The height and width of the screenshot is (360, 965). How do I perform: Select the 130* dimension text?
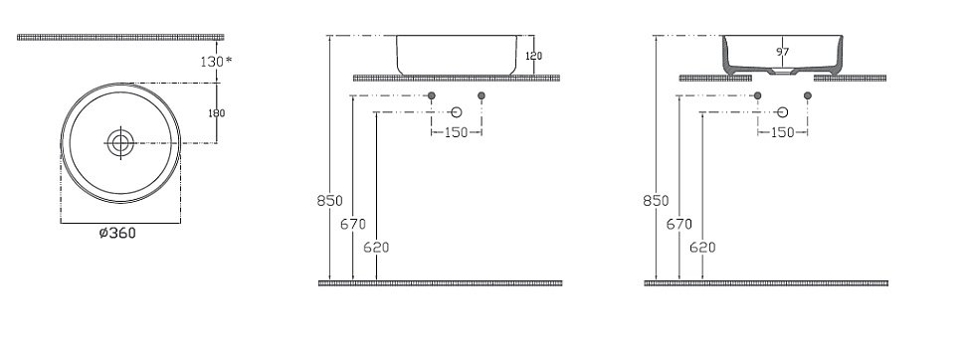[215, 61]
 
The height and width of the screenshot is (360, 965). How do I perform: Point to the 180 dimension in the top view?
[216, 112]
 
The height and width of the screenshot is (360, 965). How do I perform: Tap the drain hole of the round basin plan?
[121, 143]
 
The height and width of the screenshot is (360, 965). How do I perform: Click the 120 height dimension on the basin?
[532, 56]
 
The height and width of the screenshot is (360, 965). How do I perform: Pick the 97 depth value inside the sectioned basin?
[781, 50]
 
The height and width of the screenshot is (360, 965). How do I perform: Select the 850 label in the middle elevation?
[329, 200]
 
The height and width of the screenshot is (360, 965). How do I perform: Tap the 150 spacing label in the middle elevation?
[456, 132]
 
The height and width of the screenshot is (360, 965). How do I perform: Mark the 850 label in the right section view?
[655, 200]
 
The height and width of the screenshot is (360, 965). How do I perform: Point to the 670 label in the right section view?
[678, 224]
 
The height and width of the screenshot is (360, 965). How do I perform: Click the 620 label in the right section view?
[702, 248]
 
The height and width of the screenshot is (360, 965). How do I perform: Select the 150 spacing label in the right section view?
[782, 132]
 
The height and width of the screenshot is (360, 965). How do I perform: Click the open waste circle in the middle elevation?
[457, 113]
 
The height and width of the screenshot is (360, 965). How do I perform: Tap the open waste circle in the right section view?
[783, 113]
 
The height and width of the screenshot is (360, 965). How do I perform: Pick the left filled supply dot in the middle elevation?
[432, 95]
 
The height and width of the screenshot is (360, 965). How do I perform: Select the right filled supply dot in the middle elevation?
[482, 95]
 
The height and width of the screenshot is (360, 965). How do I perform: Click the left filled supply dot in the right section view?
[758, 95]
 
